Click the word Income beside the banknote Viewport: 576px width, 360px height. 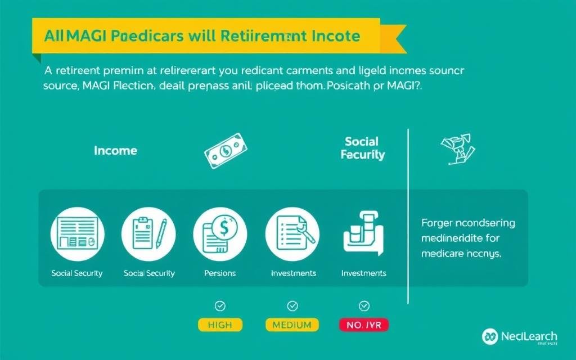115,151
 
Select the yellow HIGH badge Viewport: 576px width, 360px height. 220,325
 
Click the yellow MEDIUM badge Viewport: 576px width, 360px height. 292,325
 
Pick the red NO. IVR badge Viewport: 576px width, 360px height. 363,325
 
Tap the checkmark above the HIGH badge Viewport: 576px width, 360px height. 220,306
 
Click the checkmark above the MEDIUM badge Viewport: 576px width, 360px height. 292,306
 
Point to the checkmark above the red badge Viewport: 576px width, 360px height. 363,306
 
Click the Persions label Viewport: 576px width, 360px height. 220,273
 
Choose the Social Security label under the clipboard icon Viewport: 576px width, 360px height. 149,273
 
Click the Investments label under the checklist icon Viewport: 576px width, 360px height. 293,273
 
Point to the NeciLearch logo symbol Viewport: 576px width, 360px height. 490,336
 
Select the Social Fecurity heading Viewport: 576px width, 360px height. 363,148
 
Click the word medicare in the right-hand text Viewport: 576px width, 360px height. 443,254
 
